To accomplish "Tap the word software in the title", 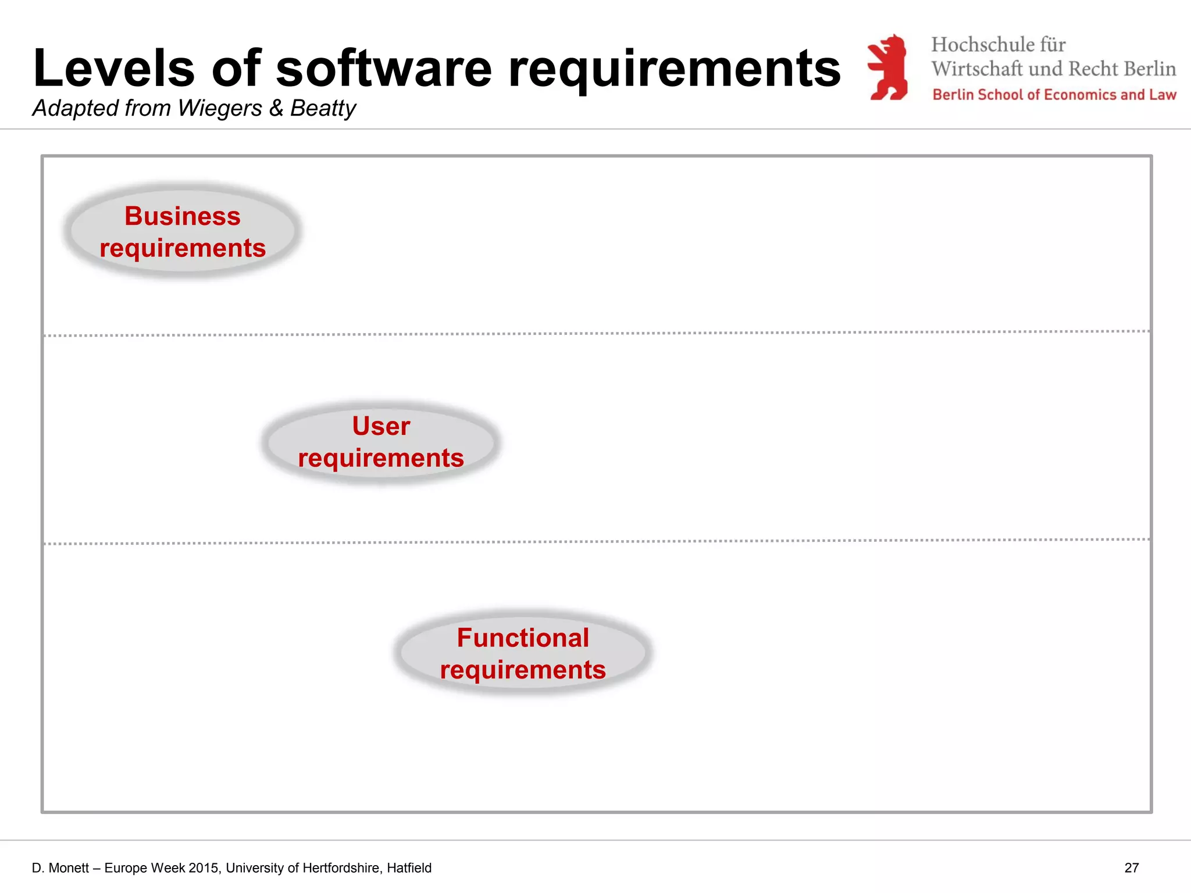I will click(384, 69).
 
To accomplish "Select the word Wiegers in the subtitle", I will click(220, 108).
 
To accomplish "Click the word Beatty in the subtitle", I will click(323, 108).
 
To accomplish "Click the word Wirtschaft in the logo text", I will click(977, 69).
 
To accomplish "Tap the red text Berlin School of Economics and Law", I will click(1054, 95).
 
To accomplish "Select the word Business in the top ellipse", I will click(183, 216).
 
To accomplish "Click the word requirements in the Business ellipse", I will click(183, 248).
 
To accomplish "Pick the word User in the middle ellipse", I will click(381, 426).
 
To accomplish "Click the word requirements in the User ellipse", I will click(381, 458).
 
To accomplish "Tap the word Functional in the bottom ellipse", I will click(523, 638).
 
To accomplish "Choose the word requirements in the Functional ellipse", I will click(523, 670).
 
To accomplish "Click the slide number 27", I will click(1131, 868).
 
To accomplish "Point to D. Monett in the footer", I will click(60, 868).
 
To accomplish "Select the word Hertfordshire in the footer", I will click(342, 868).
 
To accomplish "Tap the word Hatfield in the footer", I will click(409, 868).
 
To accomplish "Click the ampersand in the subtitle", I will click(276, 108).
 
